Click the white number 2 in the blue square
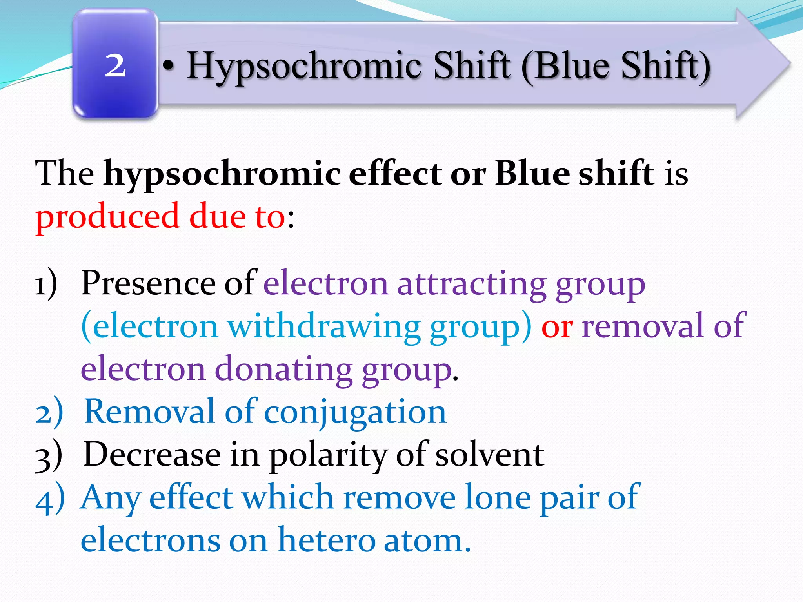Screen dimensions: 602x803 point(115,66)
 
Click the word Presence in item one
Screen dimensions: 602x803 point(148,283)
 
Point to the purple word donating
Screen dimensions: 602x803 point(283,369)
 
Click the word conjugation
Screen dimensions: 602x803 point(355,412)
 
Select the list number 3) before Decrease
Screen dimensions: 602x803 point(49,455)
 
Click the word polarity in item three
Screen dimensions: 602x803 point(328,455)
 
